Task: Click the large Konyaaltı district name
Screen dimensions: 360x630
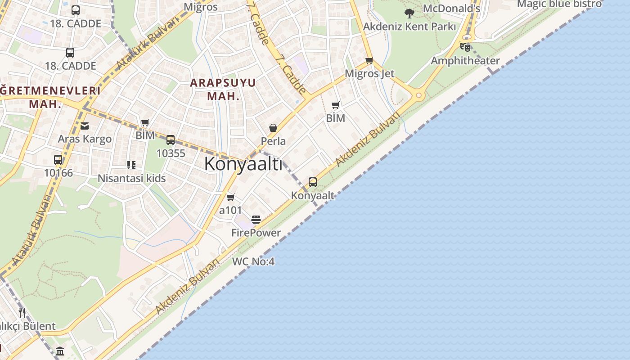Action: (243, 164)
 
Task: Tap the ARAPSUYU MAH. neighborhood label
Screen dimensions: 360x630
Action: (223, 89)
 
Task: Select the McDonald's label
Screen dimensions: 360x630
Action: (451, 9)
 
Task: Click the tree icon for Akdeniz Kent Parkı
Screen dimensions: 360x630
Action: (409, 13)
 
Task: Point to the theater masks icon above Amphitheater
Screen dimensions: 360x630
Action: (465, 46)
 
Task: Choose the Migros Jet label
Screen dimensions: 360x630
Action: (369, 73)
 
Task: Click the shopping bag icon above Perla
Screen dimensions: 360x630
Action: (273, 128)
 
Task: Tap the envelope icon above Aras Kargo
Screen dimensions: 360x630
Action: (85, 126)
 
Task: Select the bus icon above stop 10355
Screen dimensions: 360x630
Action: (171, 140)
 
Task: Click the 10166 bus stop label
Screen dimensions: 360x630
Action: (58, 172)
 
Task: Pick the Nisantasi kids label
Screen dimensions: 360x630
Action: (132, 178)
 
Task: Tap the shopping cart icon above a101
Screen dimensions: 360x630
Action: (231, 197)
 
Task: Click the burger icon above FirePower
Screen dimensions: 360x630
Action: (256, 220)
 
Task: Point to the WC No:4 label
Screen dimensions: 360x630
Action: (253, 261)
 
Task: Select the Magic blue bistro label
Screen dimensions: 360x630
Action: (559, 4)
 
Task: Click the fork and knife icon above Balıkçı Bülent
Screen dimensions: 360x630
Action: (22, 312)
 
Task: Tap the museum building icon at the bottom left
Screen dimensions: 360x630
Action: (60, 351)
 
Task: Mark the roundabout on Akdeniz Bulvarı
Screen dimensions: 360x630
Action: (419, 95)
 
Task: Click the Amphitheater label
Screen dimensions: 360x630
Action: (465, 61)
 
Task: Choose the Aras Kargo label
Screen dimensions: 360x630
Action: (85, 139)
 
